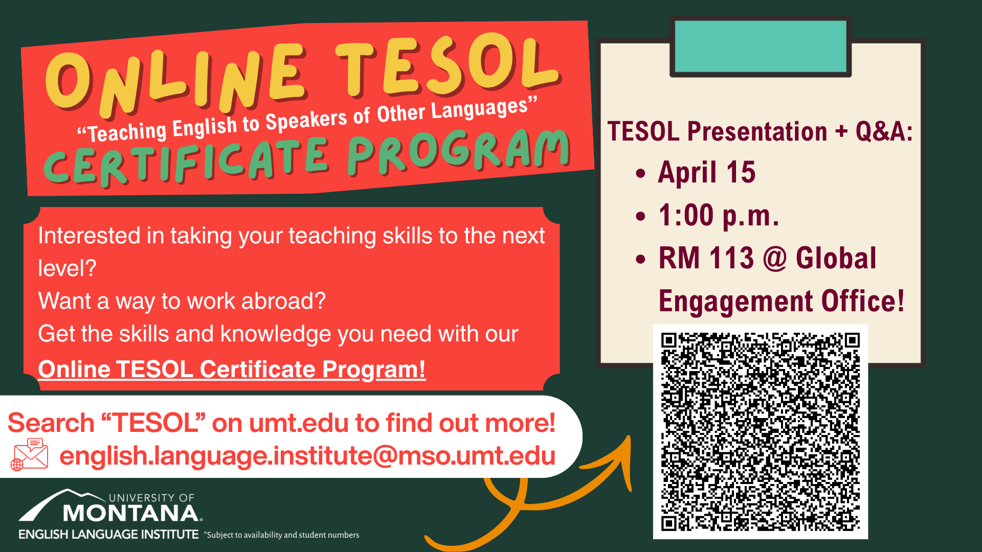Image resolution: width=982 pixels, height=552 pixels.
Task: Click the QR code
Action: [x=760, y=432]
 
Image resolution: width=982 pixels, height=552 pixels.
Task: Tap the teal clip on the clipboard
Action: [x=761, y=46]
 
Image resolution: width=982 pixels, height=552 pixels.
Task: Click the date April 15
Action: [x=706, y=172]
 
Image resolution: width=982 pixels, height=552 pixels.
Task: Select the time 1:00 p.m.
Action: [x=719, y=215]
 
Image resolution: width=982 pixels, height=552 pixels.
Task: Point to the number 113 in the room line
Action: [x=731, y=258]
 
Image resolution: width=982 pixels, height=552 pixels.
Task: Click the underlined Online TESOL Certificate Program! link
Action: [x=232, y=370]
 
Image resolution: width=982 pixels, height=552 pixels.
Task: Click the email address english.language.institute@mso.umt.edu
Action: [x=307, y=455]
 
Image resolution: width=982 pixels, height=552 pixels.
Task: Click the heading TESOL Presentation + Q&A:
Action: [x=760, y=131]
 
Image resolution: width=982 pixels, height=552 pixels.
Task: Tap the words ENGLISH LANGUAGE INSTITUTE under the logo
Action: [x=108, y=535]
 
